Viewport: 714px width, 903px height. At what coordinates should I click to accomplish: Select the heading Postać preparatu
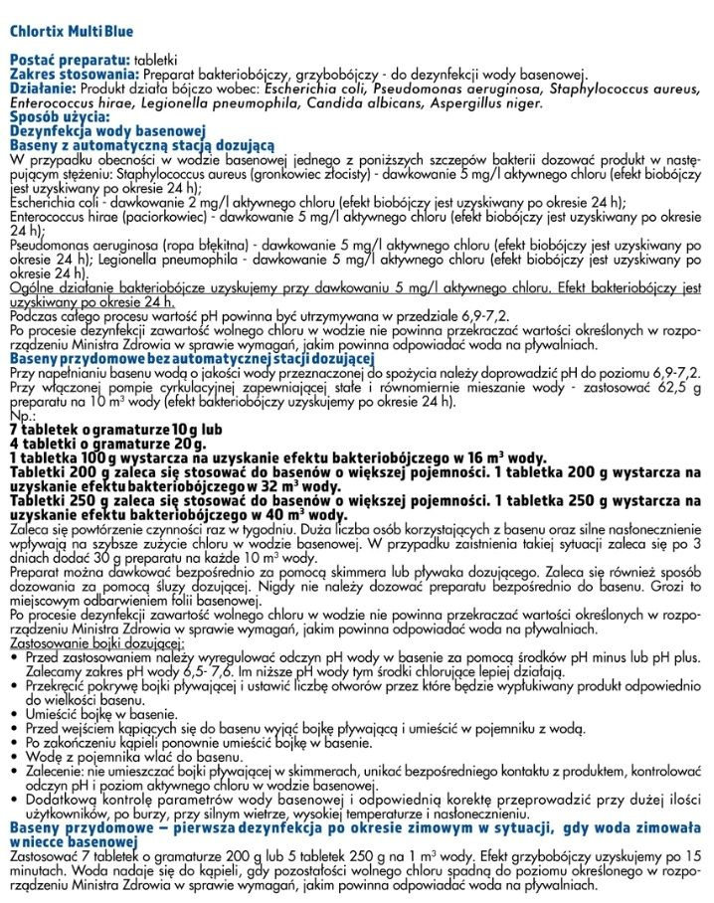70,61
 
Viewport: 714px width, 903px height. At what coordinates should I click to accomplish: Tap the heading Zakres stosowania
74,75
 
